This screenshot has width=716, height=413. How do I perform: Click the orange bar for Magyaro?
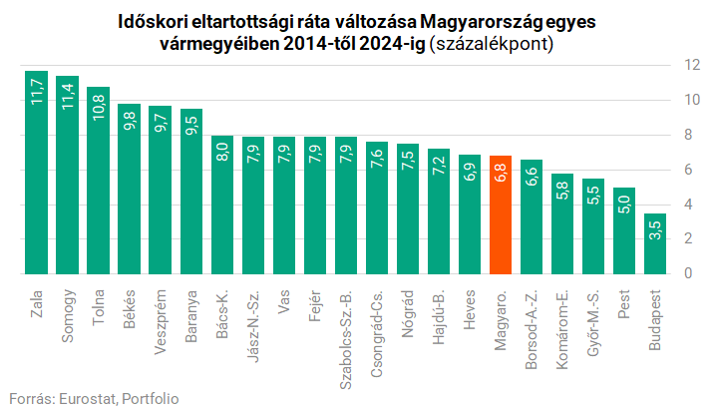click(x=501, y=214)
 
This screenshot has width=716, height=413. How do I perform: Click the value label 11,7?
click(x=37, y=90)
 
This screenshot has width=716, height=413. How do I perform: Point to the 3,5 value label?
click(x=655, y=231)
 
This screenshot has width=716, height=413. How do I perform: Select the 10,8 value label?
click(x=99, y=105)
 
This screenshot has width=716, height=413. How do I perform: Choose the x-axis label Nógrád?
click(x=408, y=311)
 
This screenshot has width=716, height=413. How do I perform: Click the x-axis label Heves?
click(x=470, y=307)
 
